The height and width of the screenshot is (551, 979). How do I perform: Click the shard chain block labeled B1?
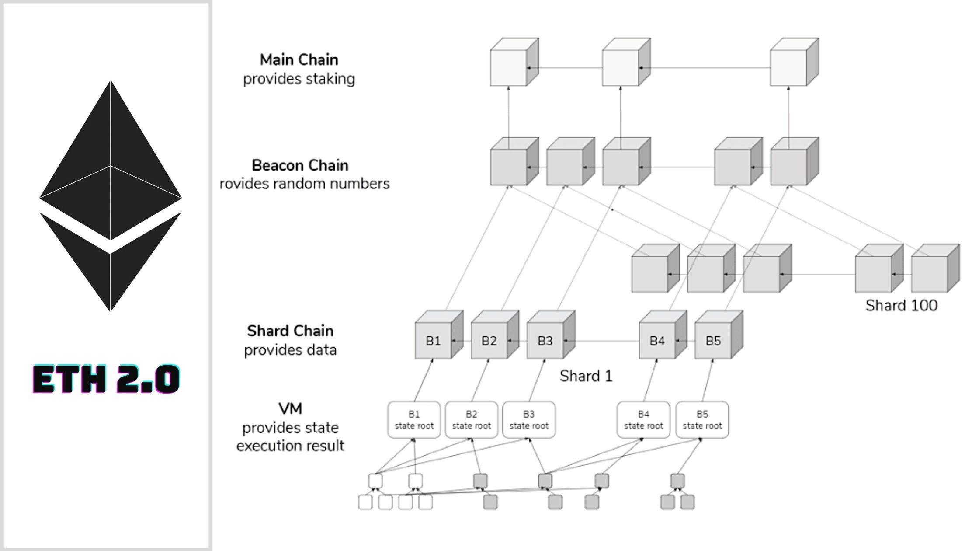pyautogui.click(x=433, y=341)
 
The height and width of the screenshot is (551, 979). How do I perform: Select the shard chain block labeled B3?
pyautogui.click(x=545, y=341)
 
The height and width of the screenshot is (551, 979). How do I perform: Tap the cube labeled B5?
pyautogui.click(x=713, y=341)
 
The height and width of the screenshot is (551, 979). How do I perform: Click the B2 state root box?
pyautogui.click(x=471, y=420)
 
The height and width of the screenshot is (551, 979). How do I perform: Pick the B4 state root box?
pyautogui.click(x=643, y=420)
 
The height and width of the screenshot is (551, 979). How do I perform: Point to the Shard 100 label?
pyautogui.click(x=901, y=305)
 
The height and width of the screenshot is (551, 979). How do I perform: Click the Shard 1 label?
pyautogui.click(x=586, y=376)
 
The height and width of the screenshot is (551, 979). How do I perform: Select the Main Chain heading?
pyautogui.click(x=299, y=59)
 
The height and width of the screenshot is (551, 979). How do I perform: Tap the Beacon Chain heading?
pyautogui.click(x=300, y=165)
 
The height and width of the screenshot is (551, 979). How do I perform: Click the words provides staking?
pyautogui.click(x=299, y=79)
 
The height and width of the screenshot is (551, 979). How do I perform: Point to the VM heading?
pyautogui.click(x=290, y=408)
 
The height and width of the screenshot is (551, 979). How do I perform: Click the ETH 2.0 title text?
pyautogui.click(x=106, y=379)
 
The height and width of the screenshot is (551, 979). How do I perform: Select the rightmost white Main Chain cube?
pyautogui.click(x=789, y=66)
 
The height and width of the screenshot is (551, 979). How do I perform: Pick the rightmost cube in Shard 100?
pyautogui.click(x=930, y=273)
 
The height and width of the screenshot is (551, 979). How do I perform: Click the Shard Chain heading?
pyautogui.click(x=290, y=331)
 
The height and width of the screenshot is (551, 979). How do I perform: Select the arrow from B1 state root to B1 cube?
pyautogui.click(x=423, y=380)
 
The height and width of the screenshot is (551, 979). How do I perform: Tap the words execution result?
pyautogui.click(x=290, y=446)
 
